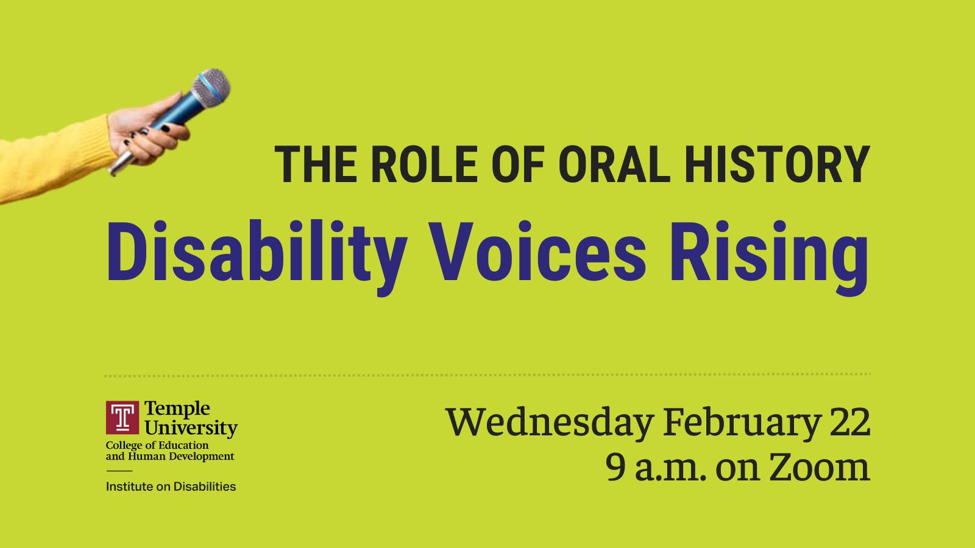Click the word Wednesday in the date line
(550, 423)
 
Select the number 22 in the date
(849, 423)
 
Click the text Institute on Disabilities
(171, 487)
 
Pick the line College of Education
(157, 446)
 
